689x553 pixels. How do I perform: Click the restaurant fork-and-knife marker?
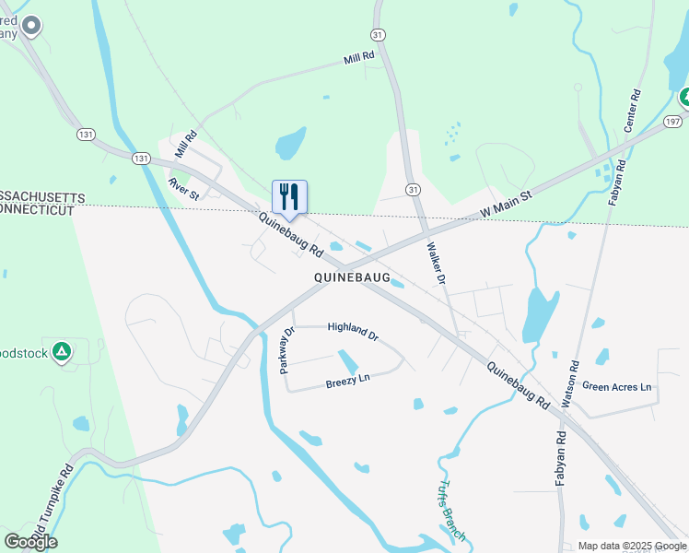[x=289, y=196]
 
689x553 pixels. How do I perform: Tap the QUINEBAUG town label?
[x=352, y=276]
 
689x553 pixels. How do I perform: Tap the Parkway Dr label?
[x=287, y=350]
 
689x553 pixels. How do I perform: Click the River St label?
[x=184, y=188]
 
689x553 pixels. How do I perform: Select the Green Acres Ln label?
[x=616, y=387]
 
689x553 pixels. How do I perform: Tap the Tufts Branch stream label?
[x=451, y=512]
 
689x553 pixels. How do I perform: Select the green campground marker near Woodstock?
[x=62, y=352]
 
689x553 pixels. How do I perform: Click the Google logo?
[x=30, y=541]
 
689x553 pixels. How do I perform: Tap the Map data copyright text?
[x=633, y=546]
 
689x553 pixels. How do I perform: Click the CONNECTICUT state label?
[x=37, y=211]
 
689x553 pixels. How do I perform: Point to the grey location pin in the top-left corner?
[x=31, y=26]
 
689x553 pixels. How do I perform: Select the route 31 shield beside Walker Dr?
[x=415, y=189]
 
